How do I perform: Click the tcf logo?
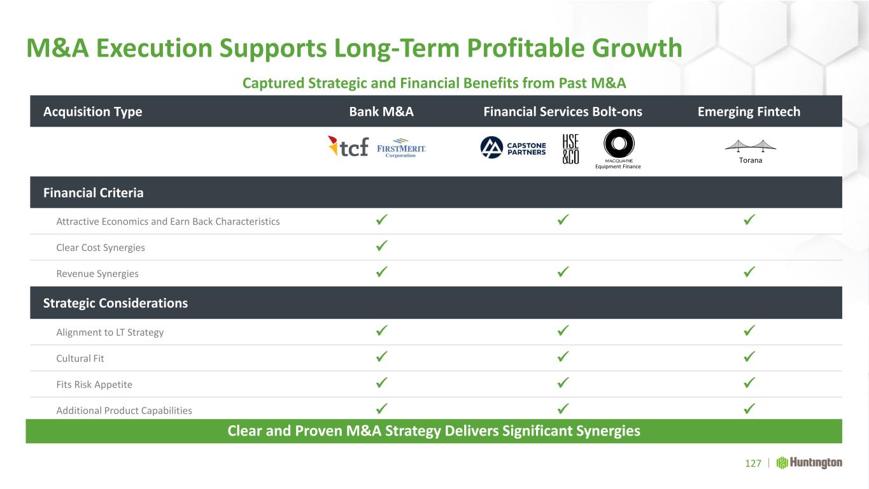pos(348,146)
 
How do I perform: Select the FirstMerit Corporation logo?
pos(401,148)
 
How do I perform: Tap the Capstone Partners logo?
pos(513,148)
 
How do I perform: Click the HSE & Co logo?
pos(570,149)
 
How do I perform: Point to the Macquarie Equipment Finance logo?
pos(618,149)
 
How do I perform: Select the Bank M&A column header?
pos(381,112)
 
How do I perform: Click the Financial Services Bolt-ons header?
pos(563,112)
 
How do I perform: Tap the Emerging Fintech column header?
pos(749,112)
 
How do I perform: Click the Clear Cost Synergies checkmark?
pos(382,246)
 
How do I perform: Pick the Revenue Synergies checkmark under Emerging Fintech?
pos(749,272)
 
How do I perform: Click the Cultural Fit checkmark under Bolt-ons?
pos(563,357)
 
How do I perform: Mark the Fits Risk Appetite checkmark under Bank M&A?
pos(382,383)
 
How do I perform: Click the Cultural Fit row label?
pos(80,358)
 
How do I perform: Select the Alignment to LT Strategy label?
pos(110,332)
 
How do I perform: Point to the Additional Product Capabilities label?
pos(124,411)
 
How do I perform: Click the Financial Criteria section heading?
pos(93,193)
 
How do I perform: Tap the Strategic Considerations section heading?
pos(115,303)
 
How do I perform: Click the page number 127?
pos(753,464)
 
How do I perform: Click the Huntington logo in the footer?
pos(809,463)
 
